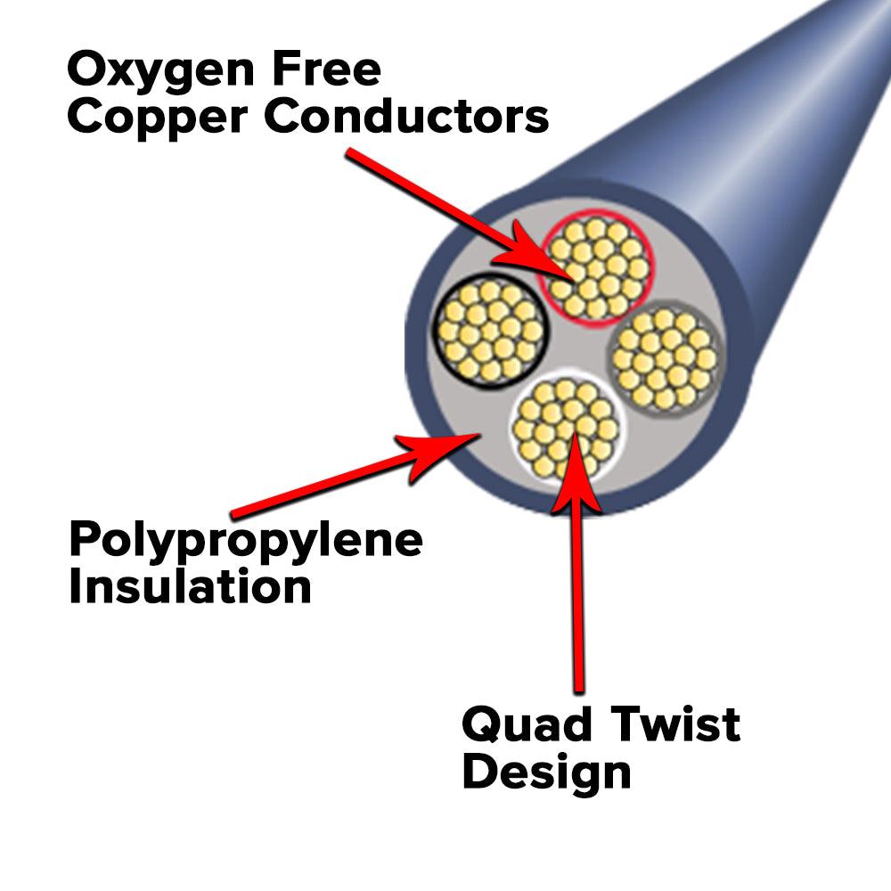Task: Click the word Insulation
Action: (190, 587)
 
